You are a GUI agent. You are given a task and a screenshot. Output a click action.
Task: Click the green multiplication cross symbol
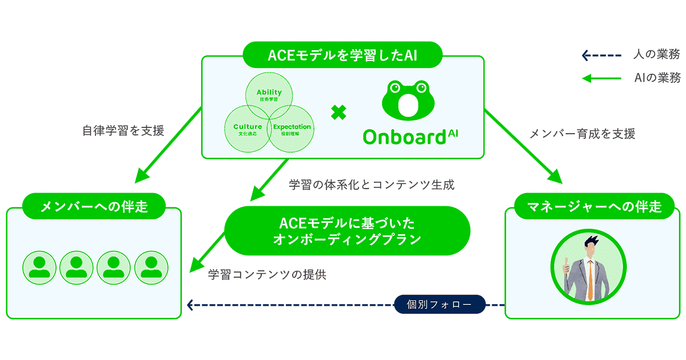click(338, 113)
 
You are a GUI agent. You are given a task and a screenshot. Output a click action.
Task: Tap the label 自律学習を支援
click(123, 131)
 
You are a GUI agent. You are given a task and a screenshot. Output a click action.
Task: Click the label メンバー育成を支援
click(582, 134)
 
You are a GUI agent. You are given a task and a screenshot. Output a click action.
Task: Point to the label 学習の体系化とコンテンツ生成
click(372, 185)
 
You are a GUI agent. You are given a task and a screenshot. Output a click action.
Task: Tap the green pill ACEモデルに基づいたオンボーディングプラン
click(347, 230)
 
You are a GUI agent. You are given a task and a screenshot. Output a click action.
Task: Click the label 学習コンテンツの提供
click(267, 274)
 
